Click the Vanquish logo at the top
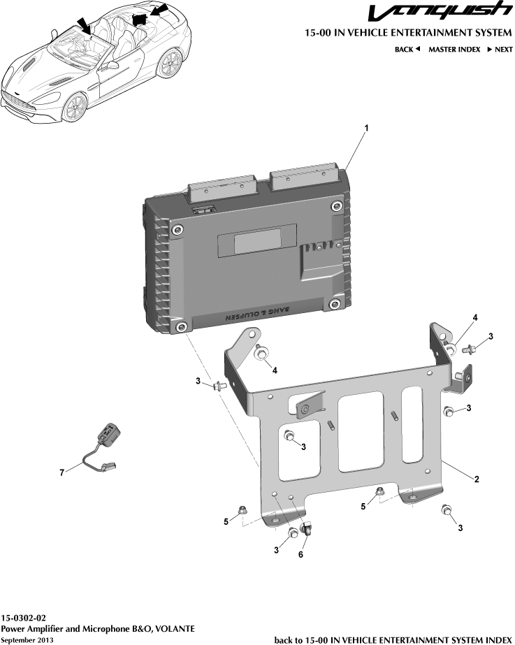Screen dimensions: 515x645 tap(440, 11)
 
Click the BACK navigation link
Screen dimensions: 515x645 tap(407, 50)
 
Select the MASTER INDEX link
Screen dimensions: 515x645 tap(454, 50)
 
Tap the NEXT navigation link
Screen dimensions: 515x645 tap(500, 50)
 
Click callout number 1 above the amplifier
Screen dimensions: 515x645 tap(366, 129)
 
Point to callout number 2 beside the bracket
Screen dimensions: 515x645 tap(477, 479)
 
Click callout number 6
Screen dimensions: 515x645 tap(300, 554)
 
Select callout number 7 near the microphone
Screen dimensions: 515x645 tap(61, 472)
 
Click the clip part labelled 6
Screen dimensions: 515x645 tap(307, 528)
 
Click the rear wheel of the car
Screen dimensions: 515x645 tap(170, 63)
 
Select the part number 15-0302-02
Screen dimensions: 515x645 tap(24, 618)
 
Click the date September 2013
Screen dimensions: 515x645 tap(27, 640)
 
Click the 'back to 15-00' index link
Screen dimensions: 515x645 tap(393, 639)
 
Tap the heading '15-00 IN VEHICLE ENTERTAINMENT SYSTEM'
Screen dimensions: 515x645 tap(409, 33)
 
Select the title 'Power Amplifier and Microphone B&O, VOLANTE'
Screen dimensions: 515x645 tap(98, 628)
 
